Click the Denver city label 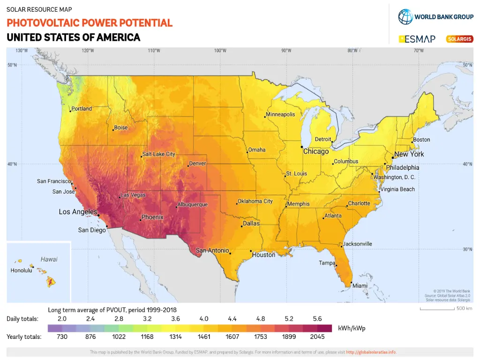pos(198,164)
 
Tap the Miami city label pos(360,286)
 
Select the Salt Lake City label pos(159,154)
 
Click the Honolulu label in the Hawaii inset pos(22,270)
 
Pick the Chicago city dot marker pos(301,147)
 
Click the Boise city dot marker pos(113,130)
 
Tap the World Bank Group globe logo pos(405,17)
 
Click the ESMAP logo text pos(420,39)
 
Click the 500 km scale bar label pos(464,308)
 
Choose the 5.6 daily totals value pos(317,319)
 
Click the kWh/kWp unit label pos(351,328)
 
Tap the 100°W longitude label pos(220,51)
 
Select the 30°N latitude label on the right pos(468,249)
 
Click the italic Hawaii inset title pos(49,259)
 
